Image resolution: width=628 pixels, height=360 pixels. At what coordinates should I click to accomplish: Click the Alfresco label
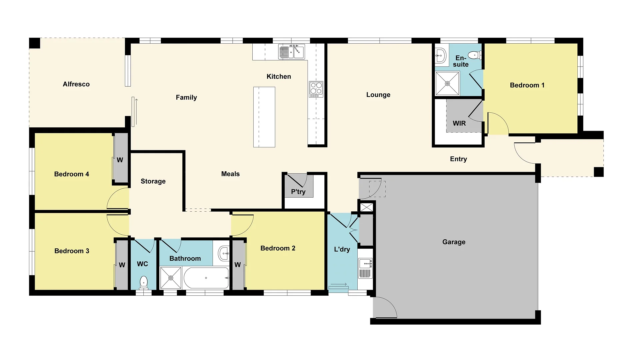[76, 84]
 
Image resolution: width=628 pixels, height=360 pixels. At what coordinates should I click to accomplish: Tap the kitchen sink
[291, 52]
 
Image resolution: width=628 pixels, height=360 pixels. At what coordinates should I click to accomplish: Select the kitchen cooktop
[316, 89]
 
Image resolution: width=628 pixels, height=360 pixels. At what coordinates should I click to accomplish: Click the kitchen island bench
[264, 117]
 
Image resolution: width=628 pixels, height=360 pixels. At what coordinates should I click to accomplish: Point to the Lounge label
[378, 95]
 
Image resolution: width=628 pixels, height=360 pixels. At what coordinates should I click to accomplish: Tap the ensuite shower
[447, 83]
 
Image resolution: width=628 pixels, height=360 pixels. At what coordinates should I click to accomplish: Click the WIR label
[459, 123]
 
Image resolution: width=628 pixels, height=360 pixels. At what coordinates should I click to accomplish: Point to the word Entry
[458, 159]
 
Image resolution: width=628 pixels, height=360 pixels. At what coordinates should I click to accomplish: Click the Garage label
[454, 242]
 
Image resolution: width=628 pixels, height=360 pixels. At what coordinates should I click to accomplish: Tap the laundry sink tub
[365, 264]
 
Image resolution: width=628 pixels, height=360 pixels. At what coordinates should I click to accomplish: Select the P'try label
[298, 192]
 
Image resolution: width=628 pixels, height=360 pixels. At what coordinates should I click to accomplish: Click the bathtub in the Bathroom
[206, 278]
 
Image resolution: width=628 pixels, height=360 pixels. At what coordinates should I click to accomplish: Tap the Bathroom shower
[171, 278]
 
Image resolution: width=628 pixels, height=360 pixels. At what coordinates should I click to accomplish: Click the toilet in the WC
[143, 283]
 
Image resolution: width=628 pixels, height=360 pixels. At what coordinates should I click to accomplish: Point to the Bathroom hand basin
[223, 254]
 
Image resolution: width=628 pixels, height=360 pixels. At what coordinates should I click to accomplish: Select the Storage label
[153, 181]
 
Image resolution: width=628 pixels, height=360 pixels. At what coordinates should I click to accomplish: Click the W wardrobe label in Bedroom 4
[120, 160]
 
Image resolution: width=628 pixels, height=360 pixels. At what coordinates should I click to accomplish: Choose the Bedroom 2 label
[278, 248]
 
